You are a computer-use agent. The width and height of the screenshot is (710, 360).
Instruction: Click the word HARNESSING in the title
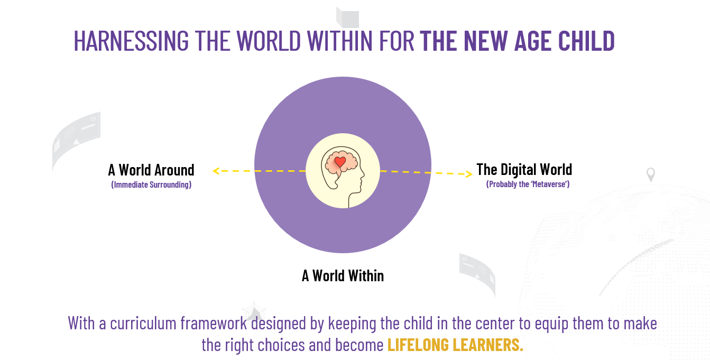click(x=131, y=41)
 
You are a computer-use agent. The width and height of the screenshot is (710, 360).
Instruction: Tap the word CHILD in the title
click(x=586, y=41)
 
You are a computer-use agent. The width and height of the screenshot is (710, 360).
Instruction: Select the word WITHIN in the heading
click(x=339, y=41)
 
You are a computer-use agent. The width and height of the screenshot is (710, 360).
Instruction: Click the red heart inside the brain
click(x=340, y=162)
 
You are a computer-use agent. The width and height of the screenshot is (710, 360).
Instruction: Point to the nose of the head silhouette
click(x=363, y=174)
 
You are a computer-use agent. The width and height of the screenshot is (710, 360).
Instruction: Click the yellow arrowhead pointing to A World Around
click(x=216, y=171)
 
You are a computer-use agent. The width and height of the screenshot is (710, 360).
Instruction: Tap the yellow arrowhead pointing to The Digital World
click(x=469, y=174)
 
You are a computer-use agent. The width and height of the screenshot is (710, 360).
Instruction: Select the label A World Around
click(x=151, y=170)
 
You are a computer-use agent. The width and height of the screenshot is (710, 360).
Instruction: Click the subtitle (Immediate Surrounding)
click(x=151, y=184)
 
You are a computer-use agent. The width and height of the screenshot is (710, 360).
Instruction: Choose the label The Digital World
click(x=524, y=170)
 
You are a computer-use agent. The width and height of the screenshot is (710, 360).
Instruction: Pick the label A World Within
click(x=343, y=276)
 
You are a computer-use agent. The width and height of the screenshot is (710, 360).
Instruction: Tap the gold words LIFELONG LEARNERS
click(x=455, y=345)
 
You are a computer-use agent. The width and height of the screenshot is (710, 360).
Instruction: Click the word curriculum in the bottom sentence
click(x=143, y=323)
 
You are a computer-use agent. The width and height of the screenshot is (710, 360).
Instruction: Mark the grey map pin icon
click(x=651, y=174)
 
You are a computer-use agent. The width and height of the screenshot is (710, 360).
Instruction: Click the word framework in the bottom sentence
click(x=214, y=323)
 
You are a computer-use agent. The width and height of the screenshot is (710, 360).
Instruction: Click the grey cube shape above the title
click(x=347, y=17)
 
